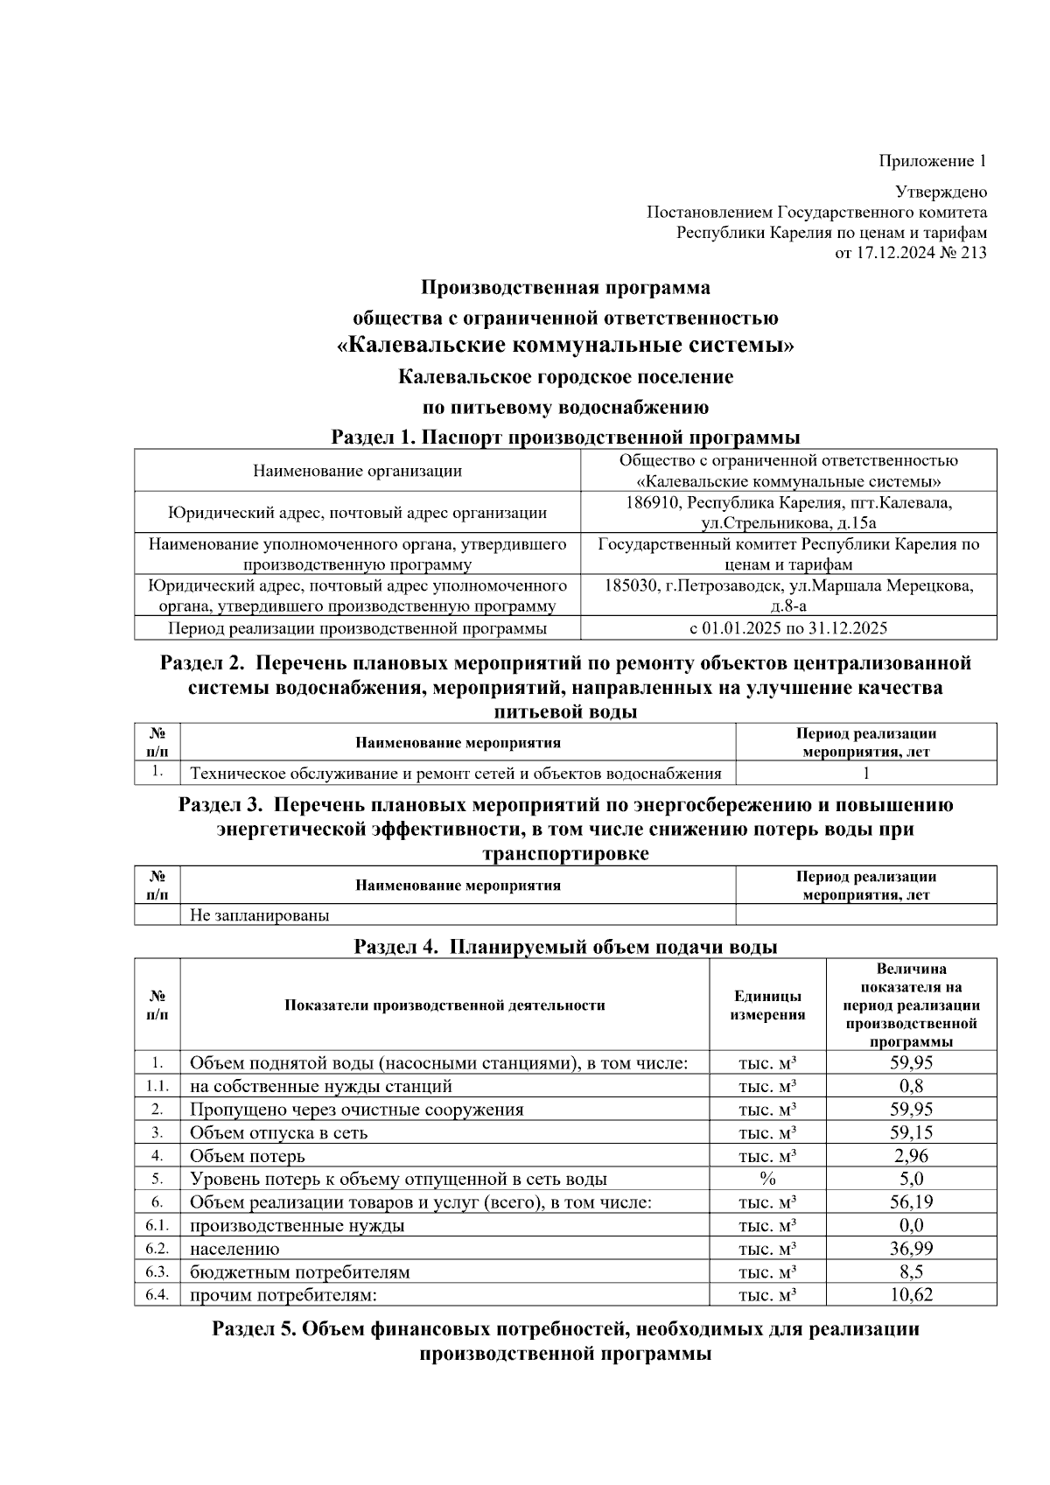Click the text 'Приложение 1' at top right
932,161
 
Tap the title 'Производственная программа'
565,287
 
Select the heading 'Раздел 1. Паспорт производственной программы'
565,437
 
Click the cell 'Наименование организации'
357,471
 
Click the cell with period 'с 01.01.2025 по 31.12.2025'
788,628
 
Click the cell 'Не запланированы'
260,915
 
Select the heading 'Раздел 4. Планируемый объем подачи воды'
565,946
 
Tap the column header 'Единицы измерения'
767,1005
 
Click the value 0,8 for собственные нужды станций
911,1086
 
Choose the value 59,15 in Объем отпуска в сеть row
911,1132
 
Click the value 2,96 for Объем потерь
911,1156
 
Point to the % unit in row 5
767,1179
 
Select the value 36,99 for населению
911,1249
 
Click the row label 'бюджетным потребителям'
299,1271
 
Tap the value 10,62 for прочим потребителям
911,1294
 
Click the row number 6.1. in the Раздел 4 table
157,1225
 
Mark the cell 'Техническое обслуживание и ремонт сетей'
455,773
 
